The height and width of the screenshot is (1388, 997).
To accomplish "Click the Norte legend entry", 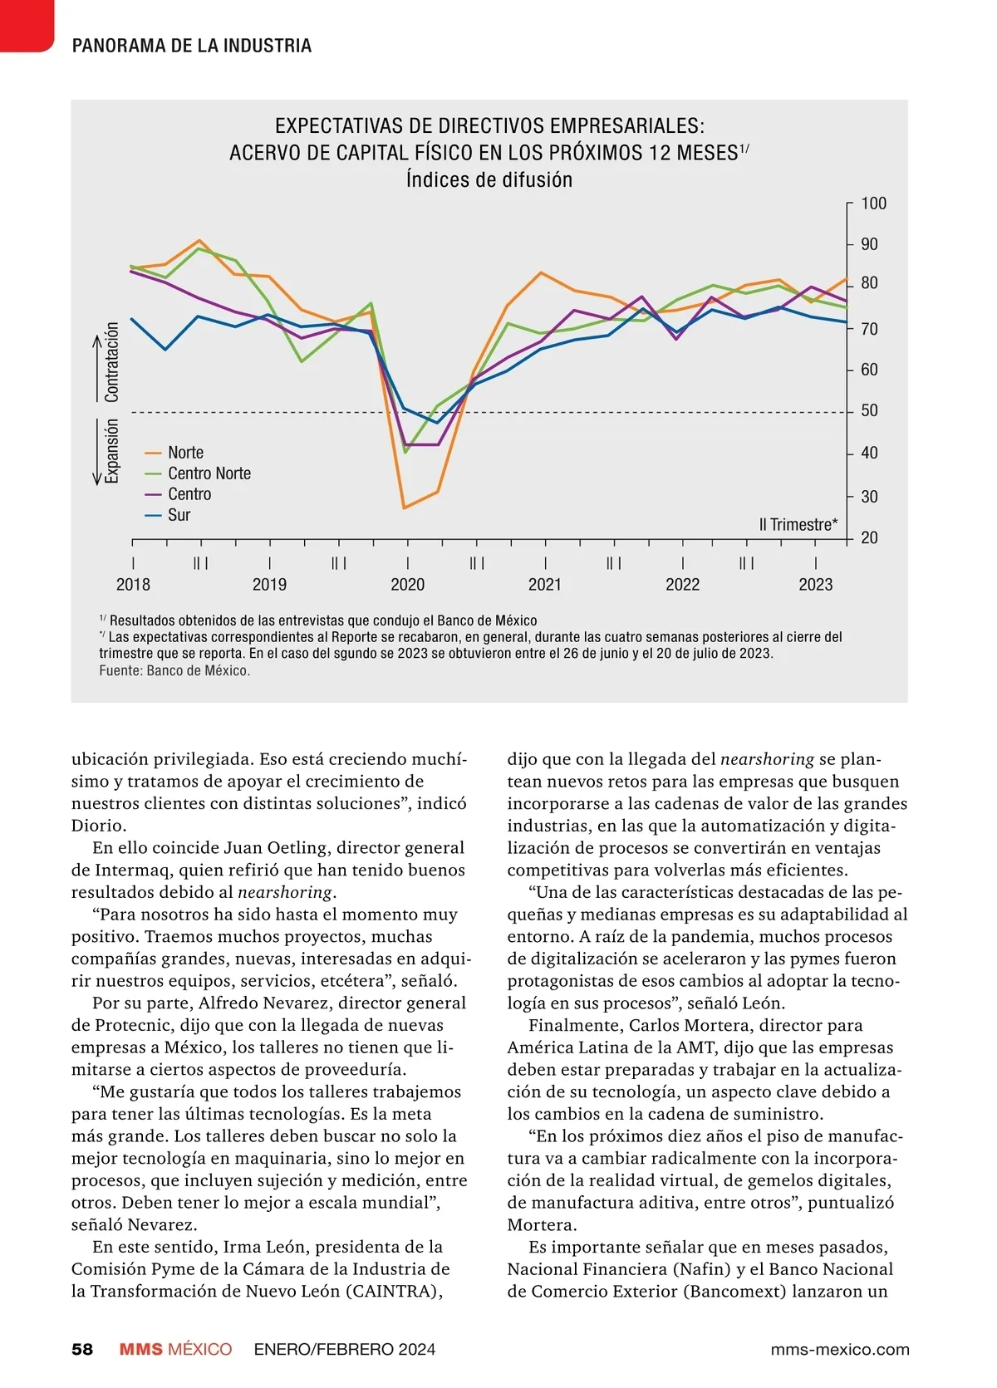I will (185, 453).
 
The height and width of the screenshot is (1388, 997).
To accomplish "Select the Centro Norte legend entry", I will (209, 473).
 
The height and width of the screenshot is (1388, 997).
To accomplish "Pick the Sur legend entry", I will (179, 515).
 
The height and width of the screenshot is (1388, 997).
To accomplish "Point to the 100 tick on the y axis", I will (873, 204).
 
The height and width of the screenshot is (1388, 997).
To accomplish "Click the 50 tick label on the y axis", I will (869, 410).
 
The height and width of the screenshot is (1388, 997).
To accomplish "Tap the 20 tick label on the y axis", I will (869, 537).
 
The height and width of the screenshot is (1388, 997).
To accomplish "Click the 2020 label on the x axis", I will (407, 585).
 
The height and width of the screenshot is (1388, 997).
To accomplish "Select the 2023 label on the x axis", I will (815, 585).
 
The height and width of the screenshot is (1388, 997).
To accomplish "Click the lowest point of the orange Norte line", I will (404, 508).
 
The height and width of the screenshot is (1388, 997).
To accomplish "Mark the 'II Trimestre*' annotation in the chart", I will (798, 524).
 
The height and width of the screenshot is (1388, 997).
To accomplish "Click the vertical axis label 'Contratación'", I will (112, 362).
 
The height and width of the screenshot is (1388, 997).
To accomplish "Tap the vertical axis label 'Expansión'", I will (112, 451).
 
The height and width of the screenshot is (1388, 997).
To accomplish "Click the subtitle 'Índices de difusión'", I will (489, 179).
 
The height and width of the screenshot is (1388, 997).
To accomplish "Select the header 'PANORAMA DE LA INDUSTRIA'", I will (192, 46).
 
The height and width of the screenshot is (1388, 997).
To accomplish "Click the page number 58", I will (82, 1349).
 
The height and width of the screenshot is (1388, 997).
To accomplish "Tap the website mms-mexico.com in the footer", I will (839, 1349).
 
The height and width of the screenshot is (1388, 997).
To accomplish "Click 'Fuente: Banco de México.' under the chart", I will (174, 670).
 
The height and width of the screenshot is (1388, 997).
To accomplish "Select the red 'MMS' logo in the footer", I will (140, 1349).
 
